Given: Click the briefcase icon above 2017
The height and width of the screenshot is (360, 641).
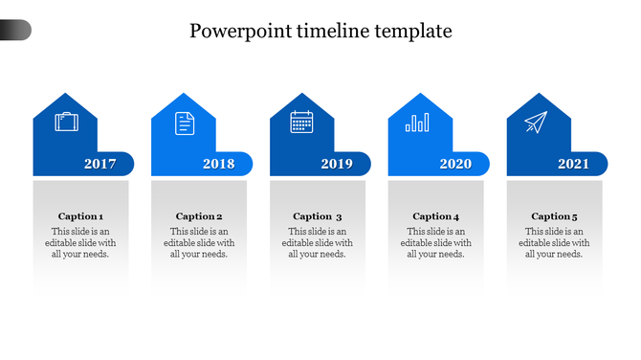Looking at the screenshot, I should [x=66, y=123].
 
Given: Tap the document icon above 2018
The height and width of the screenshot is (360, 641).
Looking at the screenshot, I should [x=184, y=123].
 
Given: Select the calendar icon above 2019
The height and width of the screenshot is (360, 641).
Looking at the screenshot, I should [x=302, y=123].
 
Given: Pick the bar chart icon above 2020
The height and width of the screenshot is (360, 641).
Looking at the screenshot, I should [x=417, y=123].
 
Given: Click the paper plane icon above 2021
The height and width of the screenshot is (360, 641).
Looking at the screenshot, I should [x=536, y=123].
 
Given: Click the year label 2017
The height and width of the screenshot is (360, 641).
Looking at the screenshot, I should [x=99, y=164].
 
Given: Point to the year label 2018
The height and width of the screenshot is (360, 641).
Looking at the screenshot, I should [x=218, y=164].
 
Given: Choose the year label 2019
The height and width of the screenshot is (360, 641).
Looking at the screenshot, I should [x=337, y=164].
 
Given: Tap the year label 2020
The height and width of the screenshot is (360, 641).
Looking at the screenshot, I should [x=455, y=164].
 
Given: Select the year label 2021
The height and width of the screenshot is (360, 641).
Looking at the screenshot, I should [x=574, y=164].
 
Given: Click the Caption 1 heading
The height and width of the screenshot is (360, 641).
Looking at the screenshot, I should [x=81, y=216].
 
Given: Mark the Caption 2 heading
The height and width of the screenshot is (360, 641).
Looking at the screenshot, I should [x=199, y=216].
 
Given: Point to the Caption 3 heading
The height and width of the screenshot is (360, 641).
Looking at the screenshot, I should [x=318, y=216].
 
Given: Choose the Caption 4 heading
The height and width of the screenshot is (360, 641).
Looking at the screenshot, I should [x=436, y=216].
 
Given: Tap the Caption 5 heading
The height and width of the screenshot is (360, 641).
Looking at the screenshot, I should [x=555, y=216].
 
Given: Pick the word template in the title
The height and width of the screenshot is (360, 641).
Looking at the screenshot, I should [x=411, y=32].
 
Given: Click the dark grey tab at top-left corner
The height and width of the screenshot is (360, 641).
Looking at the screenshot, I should [x=15, y=31].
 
